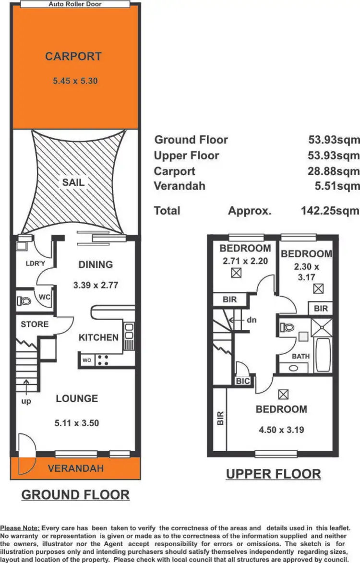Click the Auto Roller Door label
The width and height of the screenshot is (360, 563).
(x=75, y=4)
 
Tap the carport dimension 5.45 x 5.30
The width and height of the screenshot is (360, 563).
(x=75, y=81)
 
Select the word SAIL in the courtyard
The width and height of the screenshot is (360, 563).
(x=73, y=182)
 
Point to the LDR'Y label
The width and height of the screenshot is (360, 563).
(x=35, y=264)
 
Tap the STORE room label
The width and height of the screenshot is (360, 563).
(x=35, y=324)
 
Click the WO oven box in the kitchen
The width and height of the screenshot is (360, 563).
(x=87, y=359)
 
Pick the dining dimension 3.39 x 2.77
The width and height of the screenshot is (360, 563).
(x=96, y=285)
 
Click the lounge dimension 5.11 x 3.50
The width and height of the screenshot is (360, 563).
(x=76, y=423)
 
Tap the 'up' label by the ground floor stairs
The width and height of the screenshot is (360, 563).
(x=26, y=401)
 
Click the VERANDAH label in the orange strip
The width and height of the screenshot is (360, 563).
(x=76, y=468)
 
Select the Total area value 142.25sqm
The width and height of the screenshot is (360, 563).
(x=330, y=211)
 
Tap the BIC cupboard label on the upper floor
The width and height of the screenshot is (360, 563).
(x=242, y=381)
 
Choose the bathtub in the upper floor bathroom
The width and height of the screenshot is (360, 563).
(x=322, y=355)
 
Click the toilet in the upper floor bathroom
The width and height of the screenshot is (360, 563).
(x=287, y=327)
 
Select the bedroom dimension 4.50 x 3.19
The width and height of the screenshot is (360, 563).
(x=281, y=430)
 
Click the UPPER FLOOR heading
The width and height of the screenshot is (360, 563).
(x=273, y=474)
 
